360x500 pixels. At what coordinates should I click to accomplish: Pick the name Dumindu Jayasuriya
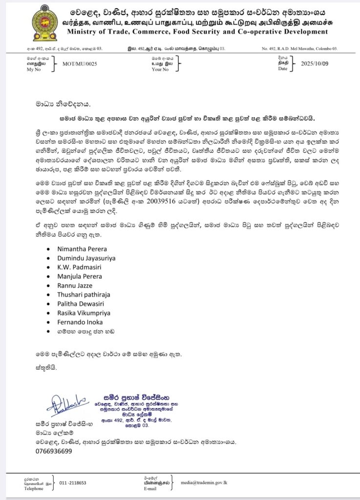pyautogui.click(x=86, y=258)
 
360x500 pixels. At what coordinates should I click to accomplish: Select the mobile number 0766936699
pyautogui.click(x=54, y=451)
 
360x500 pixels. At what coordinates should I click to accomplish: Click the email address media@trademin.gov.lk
pyautogui.click(x=207, y=482)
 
